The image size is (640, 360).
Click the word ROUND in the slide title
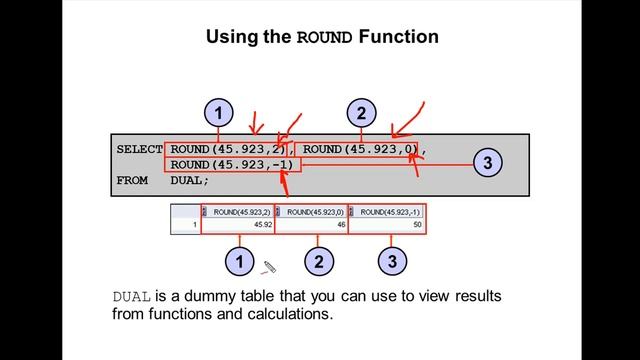(325, 38)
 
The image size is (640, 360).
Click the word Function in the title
(398, 38)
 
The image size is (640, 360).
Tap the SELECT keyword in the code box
(139, 149)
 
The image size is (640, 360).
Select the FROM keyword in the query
(132, 181)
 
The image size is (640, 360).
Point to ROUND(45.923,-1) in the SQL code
(232, 165)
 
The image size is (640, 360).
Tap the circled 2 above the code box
(361, 112)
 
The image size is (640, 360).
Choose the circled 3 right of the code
(486, 161)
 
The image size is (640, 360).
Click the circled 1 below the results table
(239, 263)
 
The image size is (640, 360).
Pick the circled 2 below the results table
(318, 263)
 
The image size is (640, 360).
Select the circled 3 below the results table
(392, 263)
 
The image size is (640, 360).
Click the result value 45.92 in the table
(258, 227)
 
